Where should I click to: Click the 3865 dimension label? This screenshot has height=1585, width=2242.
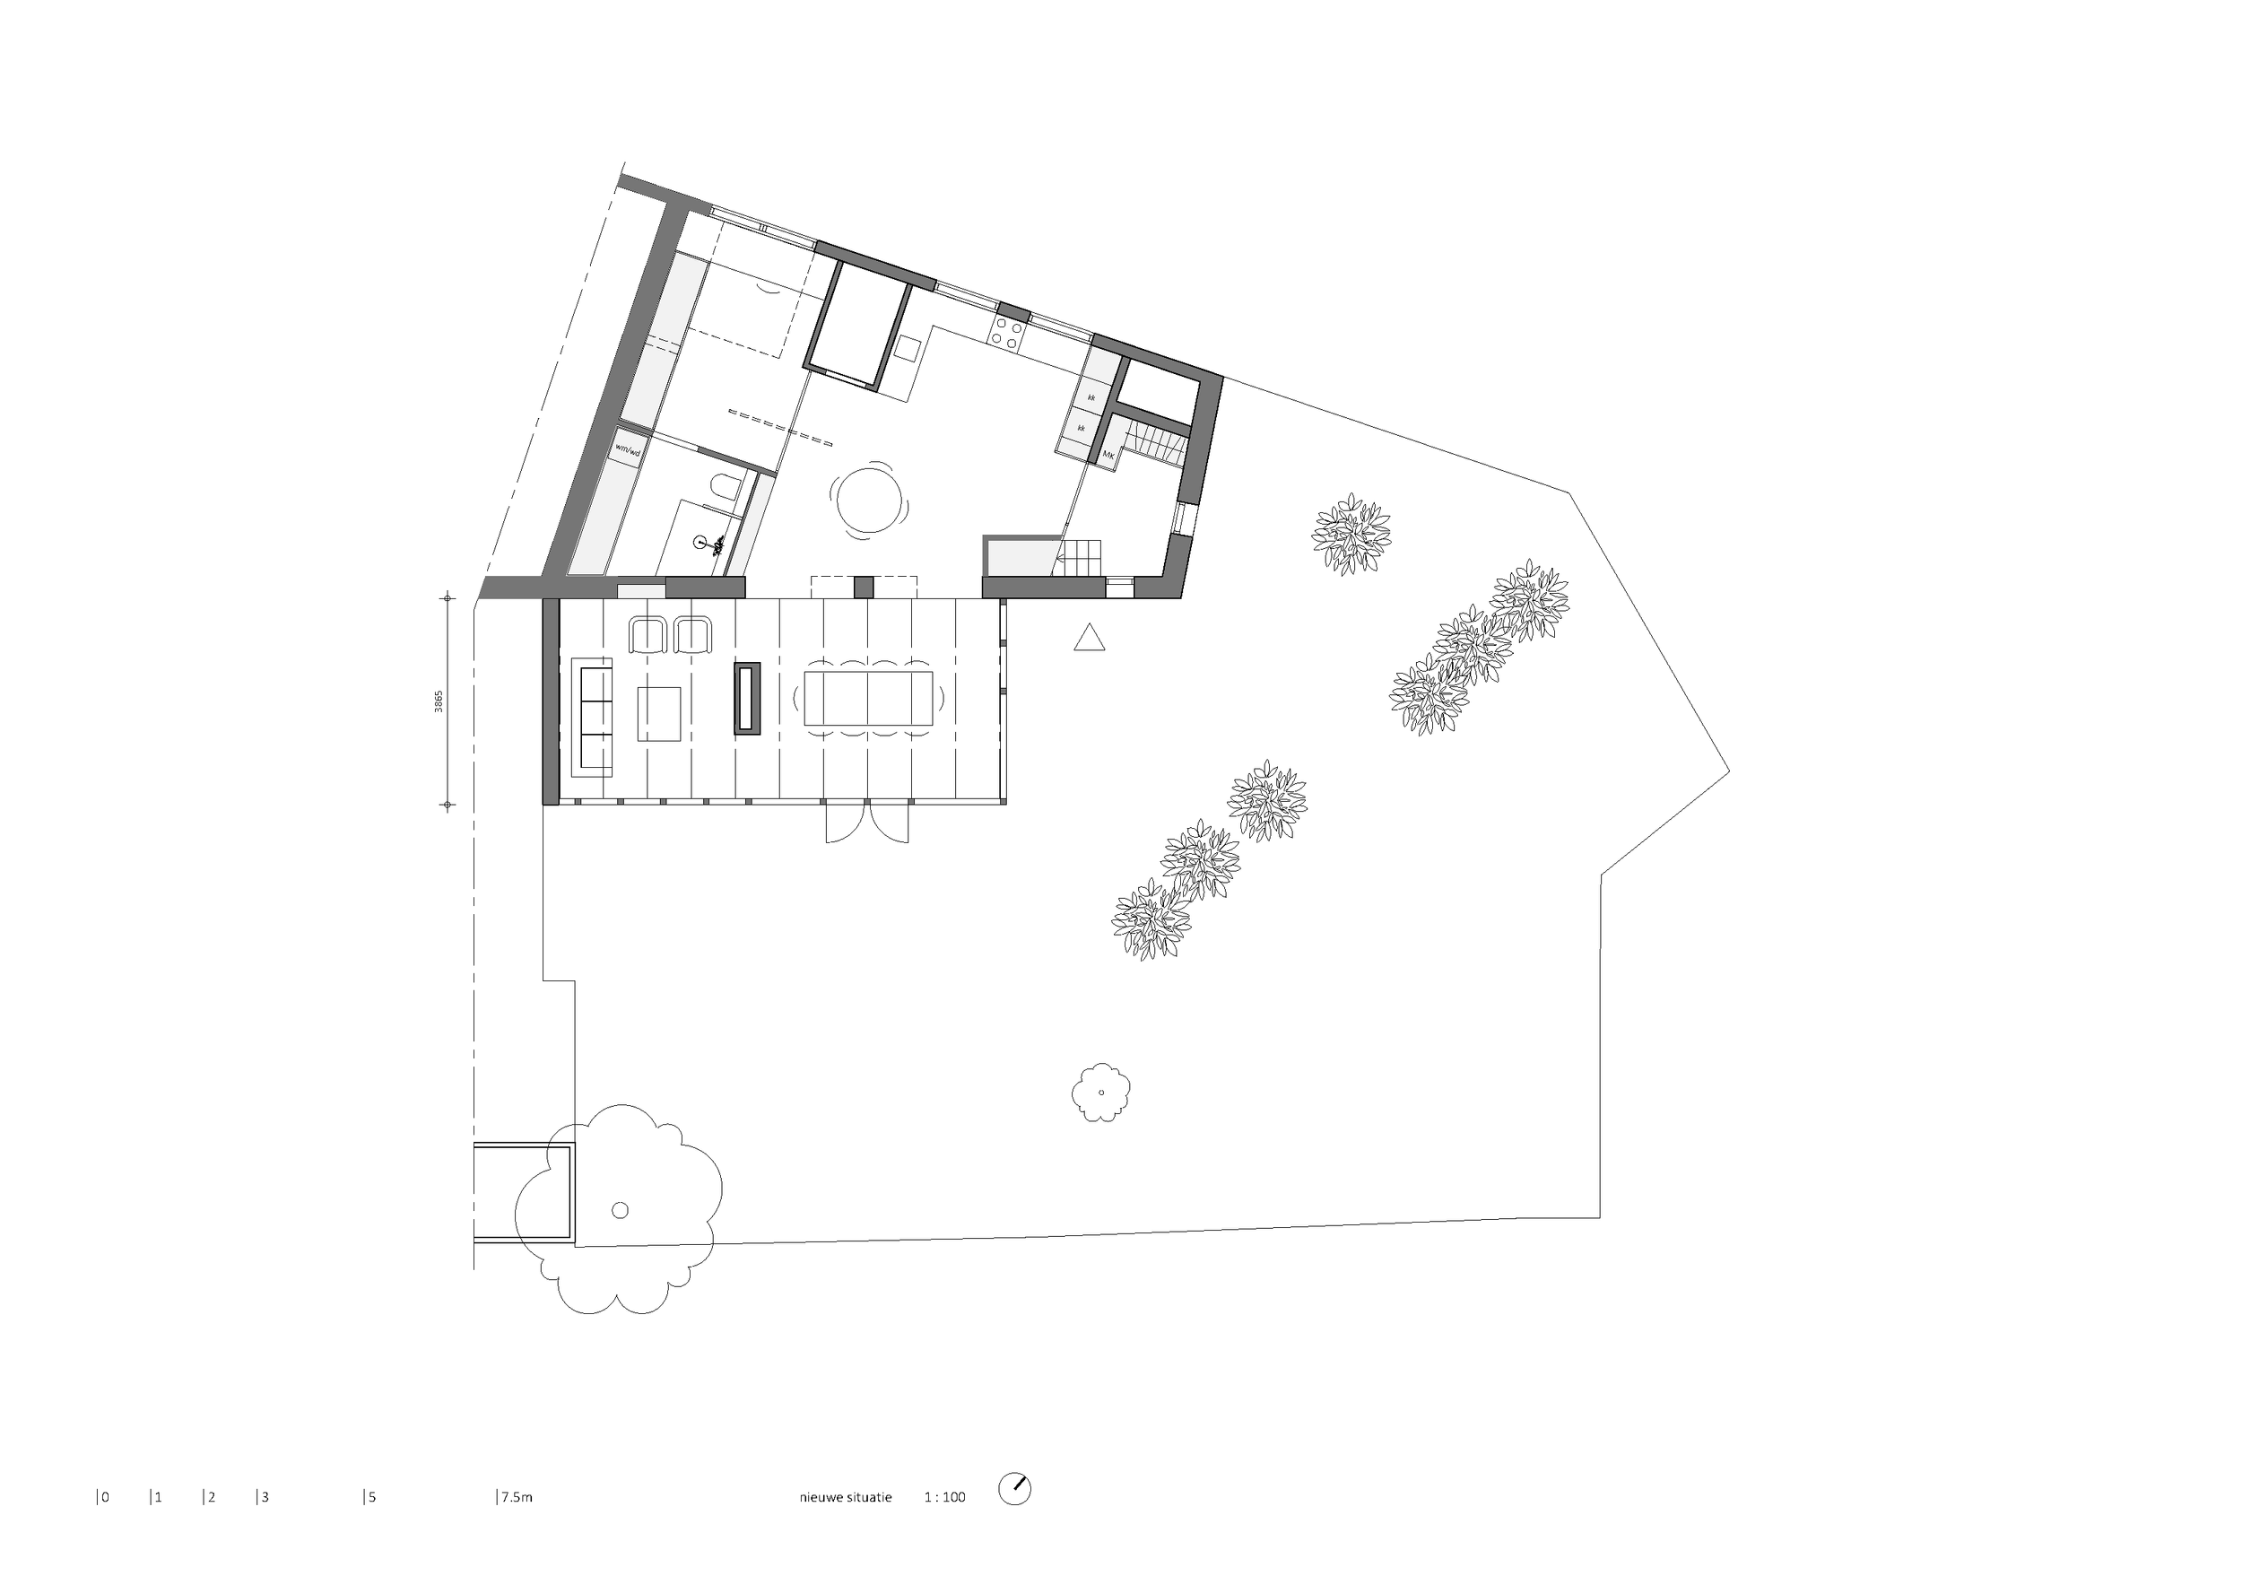pos(439,701)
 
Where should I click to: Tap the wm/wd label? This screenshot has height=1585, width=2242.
pos(628,450)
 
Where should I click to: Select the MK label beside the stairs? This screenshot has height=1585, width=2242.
pos(1108,455)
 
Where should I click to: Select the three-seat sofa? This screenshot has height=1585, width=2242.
pos(592,717)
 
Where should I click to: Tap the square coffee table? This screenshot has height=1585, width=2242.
pos(659,714)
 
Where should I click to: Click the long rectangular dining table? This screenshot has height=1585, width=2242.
pos(868,697)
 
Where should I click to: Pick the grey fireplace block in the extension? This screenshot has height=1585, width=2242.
pos(748,697)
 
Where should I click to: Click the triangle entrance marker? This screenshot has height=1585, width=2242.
pos(1090,638)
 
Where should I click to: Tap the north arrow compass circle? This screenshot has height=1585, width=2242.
pos(1014,1488)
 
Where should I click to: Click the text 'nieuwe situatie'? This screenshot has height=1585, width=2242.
pos(846,1497)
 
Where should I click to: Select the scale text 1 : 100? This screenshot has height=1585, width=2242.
pos(944,1497)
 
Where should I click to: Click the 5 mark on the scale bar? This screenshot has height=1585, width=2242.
pos(371,1497)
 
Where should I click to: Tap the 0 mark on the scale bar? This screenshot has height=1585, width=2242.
pos(105,1497)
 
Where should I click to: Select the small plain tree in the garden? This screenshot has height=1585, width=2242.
pos(1101,1092)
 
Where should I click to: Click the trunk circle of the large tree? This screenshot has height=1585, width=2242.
pos(620,1210)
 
